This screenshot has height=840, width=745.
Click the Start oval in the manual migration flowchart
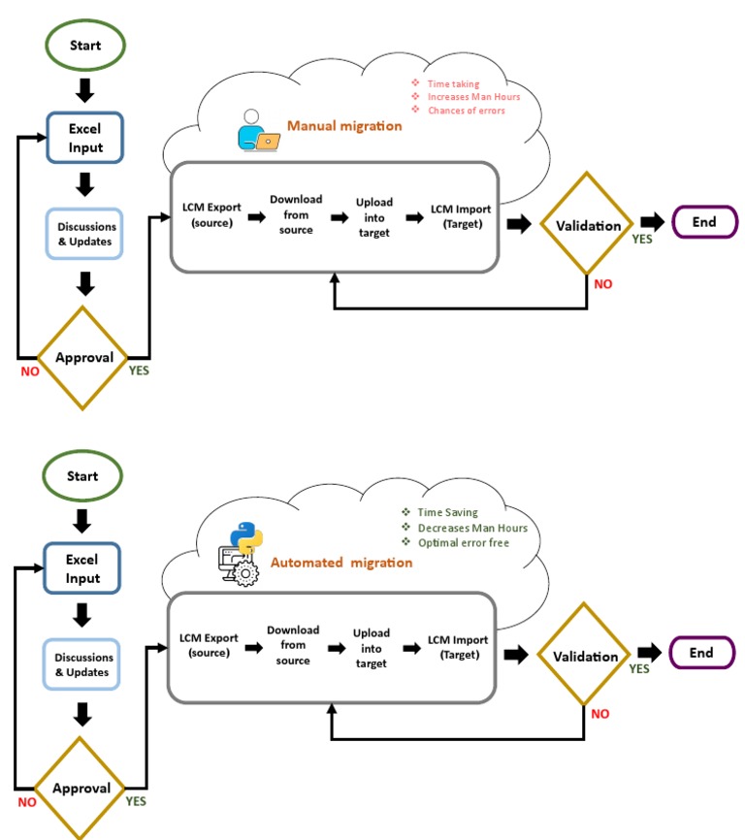[x=84, y=46]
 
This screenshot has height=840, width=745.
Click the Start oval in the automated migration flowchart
[x=82, y=476]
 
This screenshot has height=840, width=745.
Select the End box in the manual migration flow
[x=704, y=222]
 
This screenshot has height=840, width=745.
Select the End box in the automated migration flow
[x=701, y=653]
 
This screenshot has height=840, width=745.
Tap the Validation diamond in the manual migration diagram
[x=587, y=226]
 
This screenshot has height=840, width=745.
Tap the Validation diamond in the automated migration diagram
[x=585, y=657]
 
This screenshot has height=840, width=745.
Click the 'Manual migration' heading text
[x=343, y=126]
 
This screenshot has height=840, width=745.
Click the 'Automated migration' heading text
[x=340, y=563]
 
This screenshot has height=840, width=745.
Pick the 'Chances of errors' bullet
[x=466, y=111]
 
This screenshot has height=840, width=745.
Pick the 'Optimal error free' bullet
[x=463, y=542]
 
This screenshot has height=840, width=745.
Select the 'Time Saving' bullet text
[x=447, y=512]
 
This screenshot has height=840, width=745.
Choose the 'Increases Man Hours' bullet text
[x=473, y=97]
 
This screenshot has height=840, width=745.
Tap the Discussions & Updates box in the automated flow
[x=82, y=664]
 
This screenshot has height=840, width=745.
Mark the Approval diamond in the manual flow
[x=84, y=358]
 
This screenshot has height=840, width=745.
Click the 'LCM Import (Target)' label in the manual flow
[x=460, y=215]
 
